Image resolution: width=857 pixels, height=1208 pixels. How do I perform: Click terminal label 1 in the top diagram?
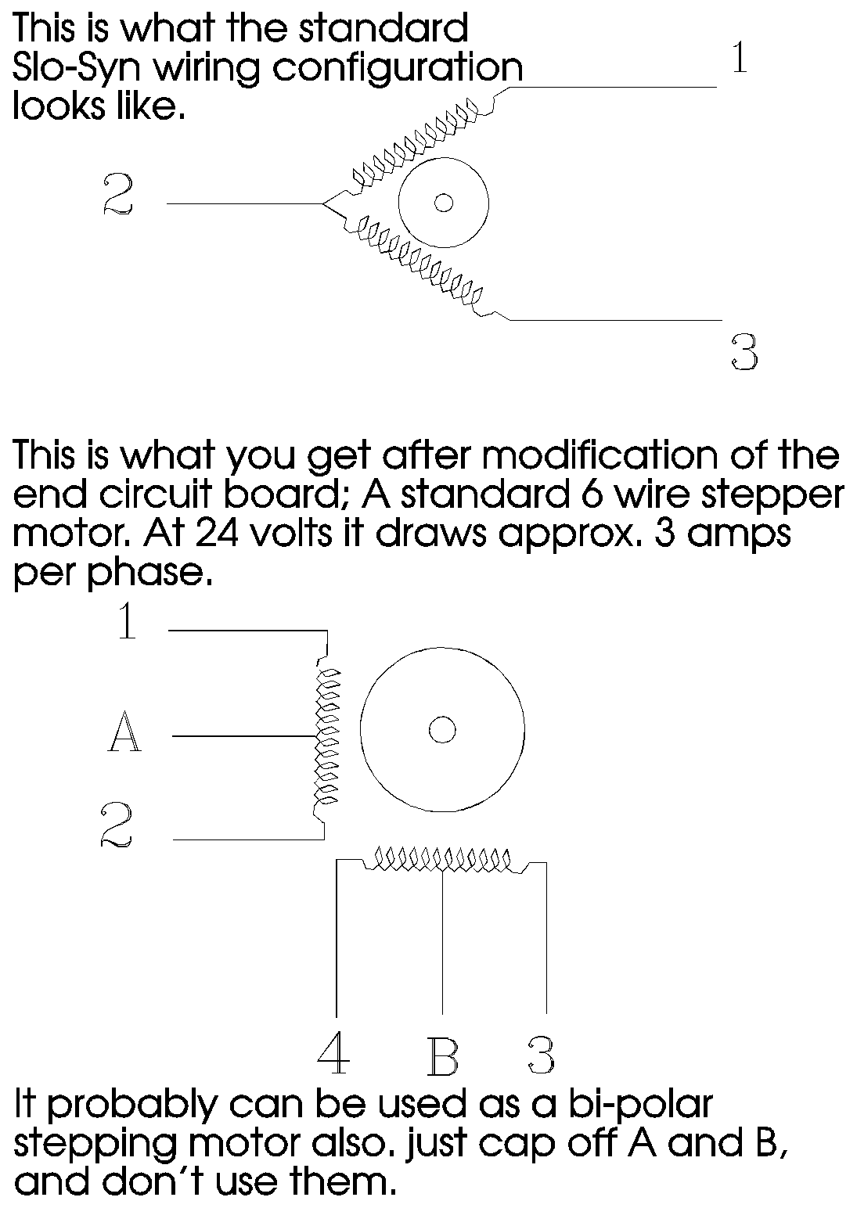point(740,58)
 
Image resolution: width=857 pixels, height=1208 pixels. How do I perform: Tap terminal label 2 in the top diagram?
point(117,195)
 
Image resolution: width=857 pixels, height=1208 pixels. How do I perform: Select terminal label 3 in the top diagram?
point(745,351)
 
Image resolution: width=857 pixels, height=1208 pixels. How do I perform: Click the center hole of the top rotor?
point(443,203)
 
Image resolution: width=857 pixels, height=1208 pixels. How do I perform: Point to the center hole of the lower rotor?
point(442,730)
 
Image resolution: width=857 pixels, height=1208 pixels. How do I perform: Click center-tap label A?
point(124,731)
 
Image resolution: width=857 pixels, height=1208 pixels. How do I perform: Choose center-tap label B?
point(443,1056)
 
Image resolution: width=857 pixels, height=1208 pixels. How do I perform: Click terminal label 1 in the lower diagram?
point(128,620)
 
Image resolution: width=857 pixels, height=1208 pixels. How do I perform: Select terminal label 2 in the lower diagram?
point(116,825)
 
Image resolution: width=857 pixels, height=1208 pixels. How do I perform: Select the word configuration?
point(398,69)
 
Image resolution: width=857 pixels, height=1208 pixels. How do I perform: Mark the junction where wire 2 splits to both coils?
point(323,204)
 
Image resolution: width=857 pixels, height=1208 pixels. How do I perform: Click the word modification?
point(600,455)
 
